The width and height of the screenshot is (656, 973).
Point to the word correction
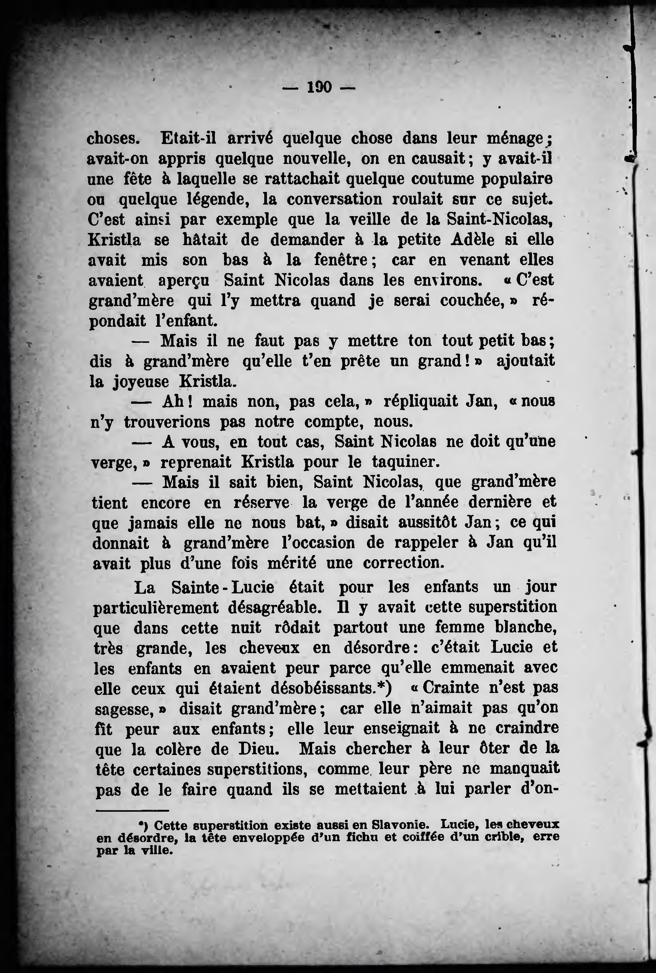coord(403,563)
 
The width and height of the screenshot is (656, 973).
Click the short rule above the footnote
coord(132,811)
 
